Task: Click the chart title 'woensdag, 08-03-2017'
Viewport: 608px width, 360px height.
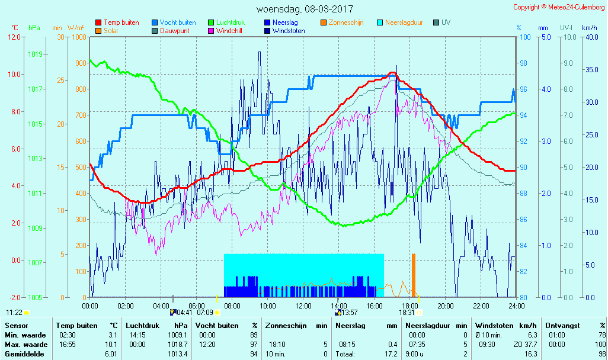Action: coord(304,9)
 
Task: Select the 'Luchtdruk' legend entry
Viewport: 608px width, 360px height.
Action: coord(230,22)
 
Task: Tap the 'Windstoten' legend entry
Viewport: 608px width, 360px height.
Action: coord(289,31)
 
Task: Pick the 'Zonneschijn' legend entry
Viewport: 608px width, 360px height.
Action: coord(345,22)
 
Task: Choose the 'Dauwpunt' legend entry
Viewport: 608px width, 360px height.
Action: coord(174,31)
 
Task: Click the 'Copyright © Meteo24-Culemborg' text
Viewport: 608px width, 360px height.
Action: coord(559,7)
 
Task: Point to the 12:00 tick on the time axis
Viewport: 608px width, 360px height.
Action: coord(303,306)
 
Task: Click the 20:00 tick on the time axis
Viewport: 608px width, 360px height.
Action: coord(446,306)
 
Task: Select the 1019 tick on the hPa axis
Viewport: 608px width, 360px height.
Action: coord(35,54)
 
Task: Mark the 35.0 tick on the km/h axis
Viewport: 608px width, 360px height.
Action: coord(589,69)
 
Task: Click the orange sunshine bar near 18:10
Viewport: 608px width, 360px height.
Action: coord(414,275)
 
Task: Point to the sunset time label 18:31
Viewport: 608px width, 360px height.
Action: coord(407,313)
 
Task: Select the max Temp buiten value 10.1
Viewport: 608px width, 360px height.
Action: coord(112,344)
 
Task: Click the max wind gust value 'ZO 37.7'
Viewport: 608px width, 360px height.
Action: coord(524,344)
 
